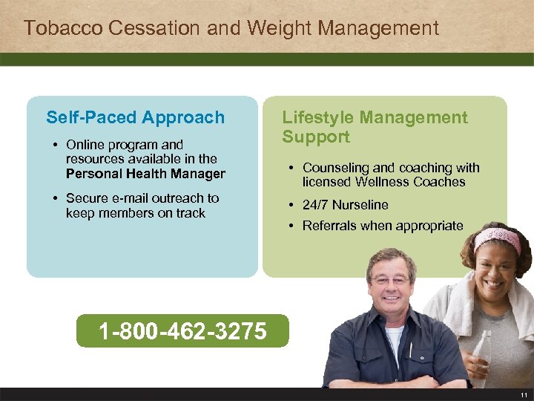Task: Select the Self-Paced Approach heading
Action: coord(135,117)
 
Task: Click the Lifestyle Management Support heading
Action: coord(375,127)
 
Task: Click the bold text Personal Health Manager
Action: coord(145,174)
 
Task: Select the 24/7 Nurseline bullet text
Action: coord(345,205)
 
